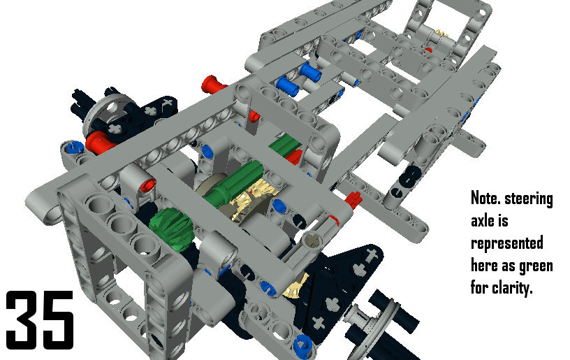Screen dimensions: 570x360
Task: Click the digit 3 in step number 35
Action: pos(22,319)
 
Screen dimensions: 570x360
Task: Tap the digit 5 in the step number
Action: pos(58,319)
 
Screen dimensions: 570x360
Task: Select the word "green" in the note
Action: pos(536,266)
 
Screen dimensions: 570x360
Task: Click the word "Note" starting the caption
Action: pos(485,199)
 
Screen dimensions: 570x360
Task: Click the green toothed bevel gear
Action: pos(170,227)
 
